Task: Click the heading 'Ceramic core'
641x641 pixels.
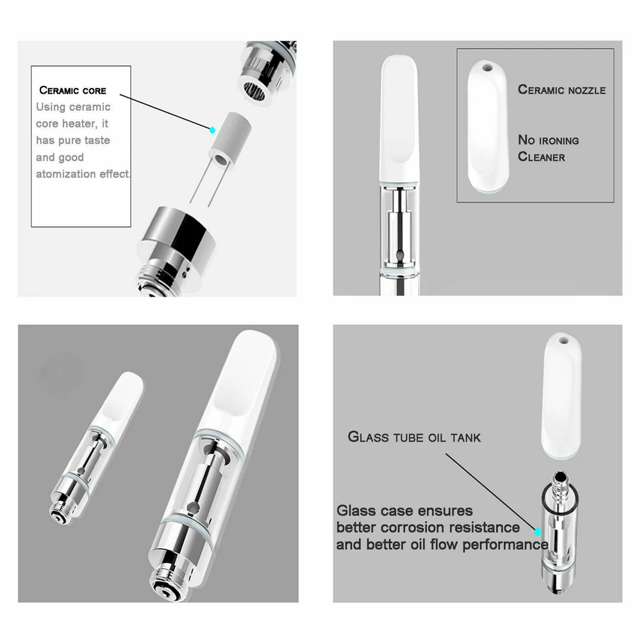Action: click(x=72, y=90)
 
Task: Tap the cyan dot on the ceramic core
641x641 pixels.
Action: click(x=213, y=129)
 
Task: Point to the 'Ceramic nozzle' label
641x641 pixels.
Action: click(x=562, y=90)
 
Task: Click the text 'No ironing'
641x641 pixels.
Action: click(x=548, y=140)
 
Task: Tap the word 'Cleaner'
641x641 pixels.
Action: click(x=542, y=156)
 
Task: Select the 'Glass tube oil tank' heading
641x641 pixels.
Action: click(x=414, y=437)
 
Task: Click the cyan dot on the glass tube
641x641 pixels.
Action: click(x=538, y=531)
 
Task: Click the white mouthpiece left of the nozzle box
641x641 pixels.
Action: click(x=401, y=115)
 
